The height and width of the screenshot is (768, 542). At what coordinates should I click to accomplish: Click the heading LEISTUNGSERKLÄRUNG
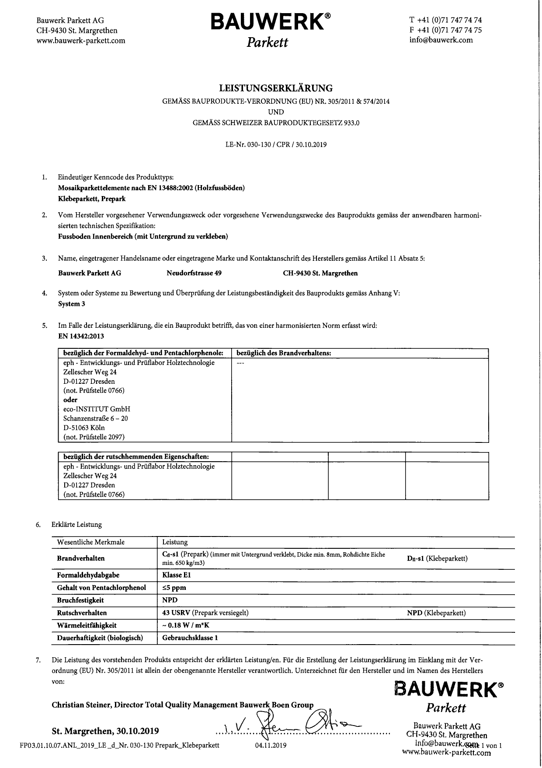point(276,88)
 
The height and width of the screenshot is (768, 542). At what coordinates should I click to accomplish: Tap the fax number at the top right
point(445,30)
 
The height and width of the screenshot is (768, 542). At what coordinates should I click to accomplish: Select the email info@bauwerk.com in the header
point(441,40)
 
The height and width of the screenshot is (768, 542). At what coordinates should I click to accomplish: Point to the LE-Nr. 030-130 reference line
point(276,144)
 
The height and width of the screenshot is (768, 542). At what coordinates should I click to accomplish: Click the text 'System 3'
point(71,304)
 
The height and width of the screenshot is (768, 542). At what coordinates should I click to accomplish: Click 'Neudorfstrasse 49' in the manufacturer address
point(194,273)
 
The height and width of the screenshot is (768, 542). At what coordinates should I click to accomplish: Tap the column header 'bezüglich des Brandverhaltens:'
point(283,353)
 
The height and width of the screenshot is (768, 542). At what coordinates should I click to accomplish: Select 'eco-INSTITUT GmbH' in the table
point(97,409)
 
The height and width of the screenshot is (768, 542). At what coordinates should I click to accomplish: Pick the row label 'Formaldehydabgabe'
point(88,575)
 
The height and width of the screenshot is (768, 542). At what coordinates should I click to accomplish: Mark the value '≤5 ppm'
point(174,588)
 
